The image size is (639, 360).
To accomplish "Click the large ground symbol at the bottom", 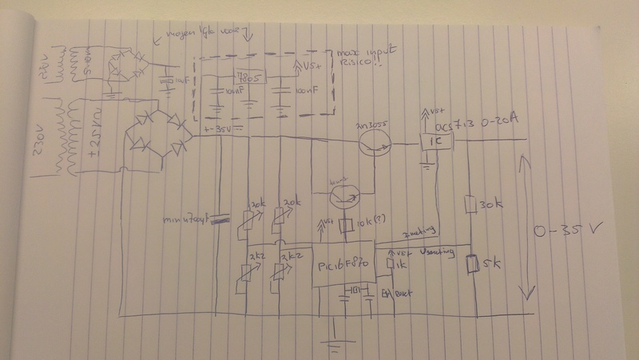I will (334, 343).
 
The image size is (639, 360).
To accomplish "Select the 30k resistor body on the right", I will (469, 205).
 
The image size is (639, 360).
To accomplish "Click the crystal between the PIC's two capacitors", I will (357, 291).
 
